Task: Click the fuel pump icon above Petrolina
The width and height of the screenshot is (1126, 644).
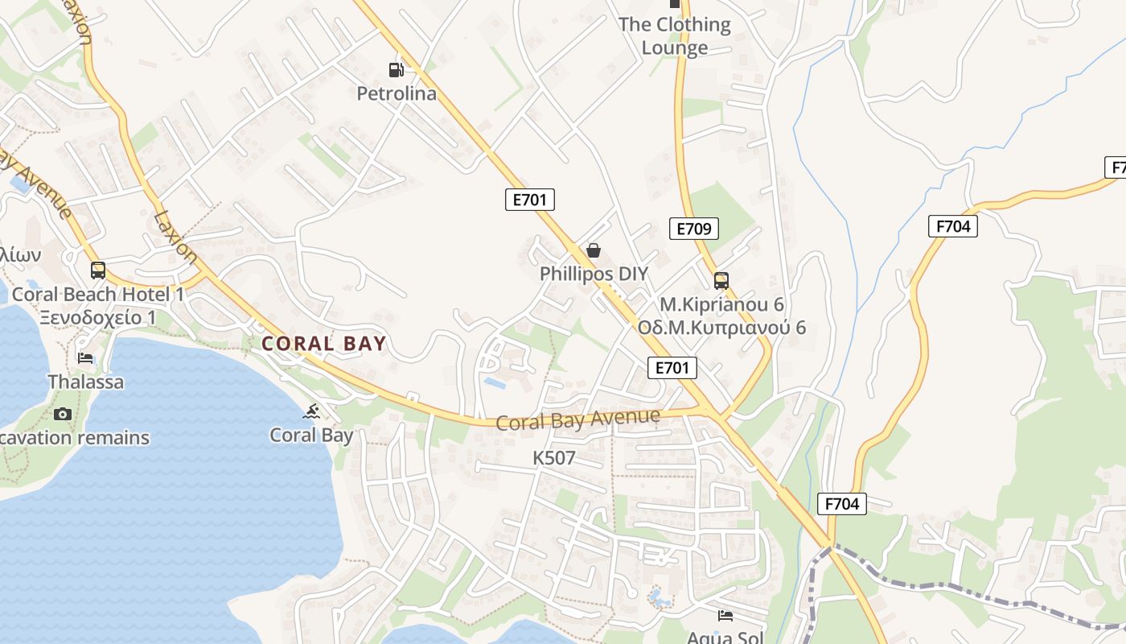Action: pos(396,70)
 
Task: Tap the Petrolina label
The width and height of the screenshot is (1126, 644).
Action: pos(397,94)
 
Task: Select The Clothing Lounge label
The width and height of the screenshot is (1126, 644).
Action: pos(675,36)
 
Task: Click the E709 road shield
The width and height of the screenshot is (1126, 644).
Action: pos(693,229)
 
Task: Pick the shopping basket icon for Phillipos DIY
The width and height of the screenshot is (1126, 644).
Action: pos(594,250)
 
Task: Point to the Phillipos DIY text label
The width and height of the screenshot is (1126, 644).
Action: pos(594,274)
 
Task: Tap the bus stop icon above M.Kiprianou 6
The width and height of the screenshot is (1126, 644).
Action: pos(721,281)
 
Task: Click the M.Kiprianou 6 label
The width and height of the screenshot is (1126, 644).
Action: pos(721,305)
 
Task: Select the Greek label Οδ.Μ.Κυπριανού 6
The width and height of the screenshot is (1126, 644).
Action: pos(721,328)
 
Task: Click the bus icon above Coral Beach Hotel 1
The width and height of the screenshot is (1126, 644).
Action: pos(98,270)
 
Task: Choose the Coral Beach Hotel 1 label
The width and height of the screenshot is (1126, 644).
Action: pos(98,295)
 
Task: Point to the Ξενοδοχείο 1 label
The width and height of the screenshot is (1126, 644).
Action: pos(98,317)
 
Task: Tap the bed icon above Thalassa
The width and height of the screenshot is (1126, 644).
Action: pos(85,358)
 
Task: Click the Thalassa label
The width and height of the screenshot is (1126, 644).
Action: pos(86,382)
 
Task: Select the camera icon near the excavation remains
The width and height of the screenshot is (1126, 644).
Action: pos(63,415)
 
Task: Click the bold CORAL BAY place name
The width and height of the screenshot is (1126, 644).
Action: pos(324,344)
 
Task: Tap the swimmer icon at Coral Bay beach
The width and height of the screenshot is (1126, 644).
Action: pos(311,413)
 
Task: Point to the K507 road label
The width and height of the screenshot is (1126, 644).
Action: pos(554,459)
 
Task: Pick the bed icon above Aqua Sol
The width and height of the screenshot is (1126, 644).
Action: pos(725,617)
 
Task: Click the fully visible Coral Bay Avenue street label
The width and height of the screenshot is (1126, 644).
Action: pos(577,419)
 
